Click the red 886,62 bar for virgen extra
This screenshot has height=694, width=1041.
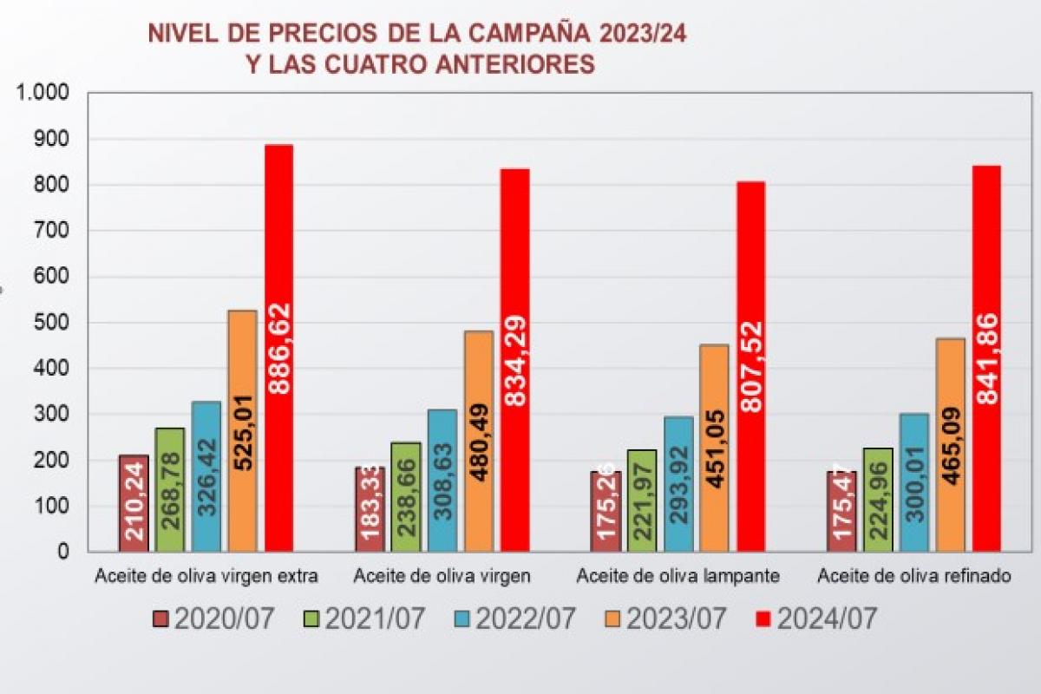point(278,347)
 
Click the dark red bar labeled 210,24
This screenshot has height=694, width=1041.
point(134,503)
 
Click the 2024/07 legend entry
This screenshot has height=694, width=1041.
point(815,619)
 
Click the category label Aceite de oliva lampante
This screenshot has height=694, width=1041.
point(678,576)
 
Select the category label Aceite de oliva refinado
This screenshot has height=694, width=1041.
point(914,576)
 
